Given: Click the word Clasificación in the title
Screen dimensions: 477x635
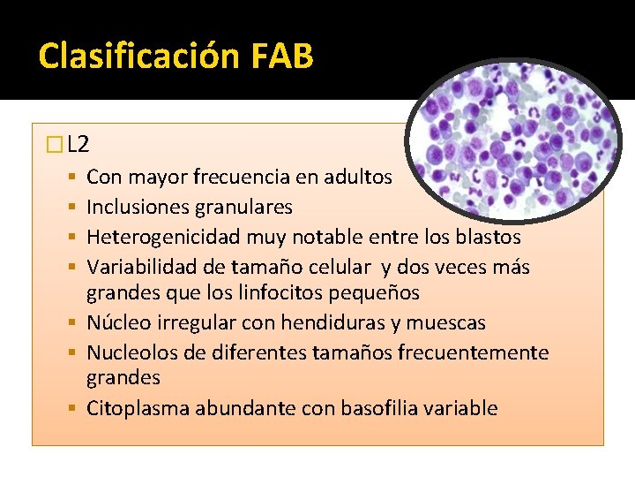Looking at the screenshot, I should click(129, 57).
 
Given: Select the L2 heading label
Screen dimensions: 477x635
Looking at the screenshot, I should click(78, 144).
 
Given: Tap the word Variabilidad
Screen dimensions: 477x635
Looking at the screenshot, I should click(139, 268).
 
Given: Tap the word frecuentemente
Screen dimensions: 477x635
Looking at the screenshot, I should click(474, 353).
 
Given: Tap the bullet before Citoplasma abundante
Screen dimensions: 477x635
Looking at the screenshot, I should click(78, 408).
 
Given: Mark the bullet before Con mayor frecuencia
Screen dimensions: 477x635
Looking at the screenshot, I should click(78, 177).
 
